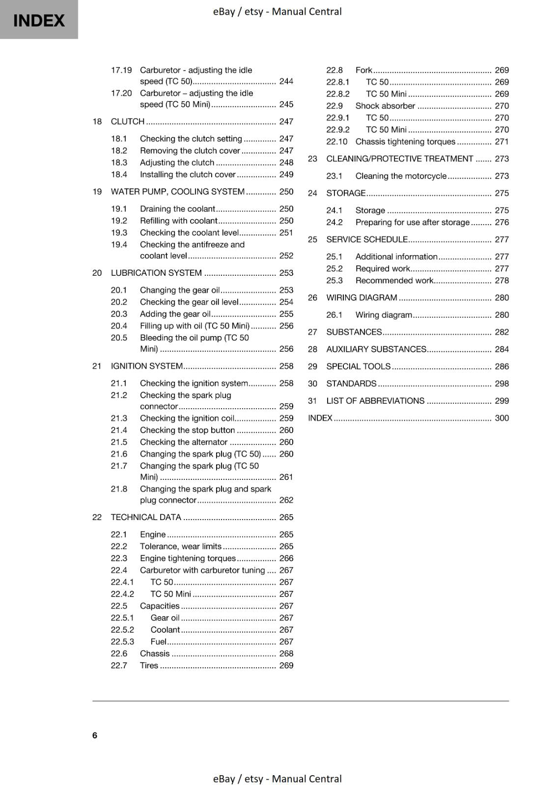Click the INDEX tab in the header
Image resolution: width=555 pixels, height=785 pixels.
[x=39, y=20]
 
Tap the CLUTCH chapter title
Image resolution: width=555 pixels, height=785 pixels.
[x=127, y=121]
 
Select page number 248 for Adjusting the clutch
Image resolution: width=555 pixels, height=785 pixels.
[x=286, y=162]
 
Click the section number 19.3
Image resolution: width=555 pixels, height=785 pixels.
[x=119, y=233]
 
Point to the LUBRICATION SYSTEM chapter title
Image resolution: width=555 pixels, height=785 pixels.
[x=156, y=273]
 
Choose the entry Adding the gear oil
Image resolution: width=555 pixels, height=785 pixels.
[x=175, y=314]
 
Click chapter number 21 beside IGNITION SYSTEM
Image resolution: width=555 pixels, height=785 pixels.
[x=97, y=366]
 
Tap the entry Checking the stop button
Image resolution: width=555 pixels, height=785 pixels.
[x=187, y=430]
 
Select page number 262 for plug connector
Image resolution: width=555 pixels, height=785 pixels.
[x=286, y=500]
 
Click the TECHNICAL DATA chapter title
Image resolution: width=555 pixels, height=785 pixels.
[x=146, y=517]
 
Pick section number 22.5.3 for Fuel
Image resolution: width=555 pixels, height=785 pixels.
[x=122, y=642]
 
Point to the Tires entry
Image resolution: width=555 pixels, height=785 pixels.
[x=149, y=665]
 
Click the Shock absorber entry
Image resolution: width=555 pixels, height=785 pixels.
[x=385, y=106]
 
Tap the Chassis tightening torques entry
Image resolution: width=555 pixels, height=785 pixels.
[x=405, y=142]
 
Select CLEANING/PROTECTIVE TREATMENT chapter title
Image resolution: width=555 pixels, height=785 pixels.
[x=399, y=158]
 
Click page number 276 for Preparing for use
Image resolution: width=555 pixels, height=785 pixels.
[x=501, y=222]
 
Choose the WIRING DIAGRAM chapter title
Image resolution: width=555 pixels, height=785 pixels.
[x=361, y=298]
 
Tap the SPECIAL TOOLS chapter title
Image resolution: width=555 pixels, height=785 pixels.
[x=358, y=366]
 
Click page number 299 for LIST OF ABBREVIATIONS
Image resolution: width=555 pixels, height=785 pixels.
[x=501, y=401]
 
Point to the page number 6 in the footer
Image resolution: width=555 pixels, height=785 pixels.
[x=95, y=735]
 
